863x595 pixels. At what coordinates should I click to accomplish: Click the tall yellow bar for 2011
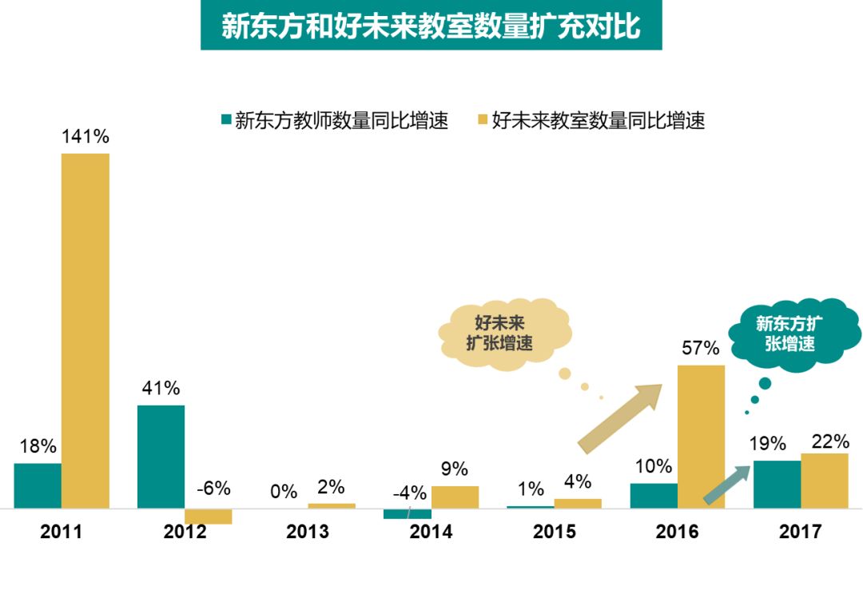(86, 330)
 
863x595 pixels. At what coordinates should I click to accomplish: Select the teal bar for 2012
(161, 457)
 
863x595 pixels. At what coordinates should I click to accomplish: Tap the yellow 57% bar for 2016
(702, 437)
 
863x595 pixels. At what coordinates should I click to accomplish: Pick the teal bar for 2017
(777, 484)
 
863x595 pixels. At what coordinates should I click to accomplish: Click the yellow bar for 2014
(455, 497)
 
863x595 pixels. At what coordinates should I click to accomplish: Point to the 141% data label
(86, 137)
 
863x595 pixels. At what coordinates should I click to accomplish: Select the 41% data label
(161, 389)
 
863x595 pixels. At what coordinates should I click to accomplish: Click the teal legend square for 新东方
(226, 121)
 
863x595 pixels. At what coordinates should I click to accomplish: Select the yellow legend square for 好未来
(482, 121)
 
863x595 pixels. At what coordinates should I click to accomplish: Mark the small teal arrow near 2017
(726, 485)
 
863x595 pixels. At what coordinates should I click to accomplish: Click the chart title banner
(431, 26)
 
